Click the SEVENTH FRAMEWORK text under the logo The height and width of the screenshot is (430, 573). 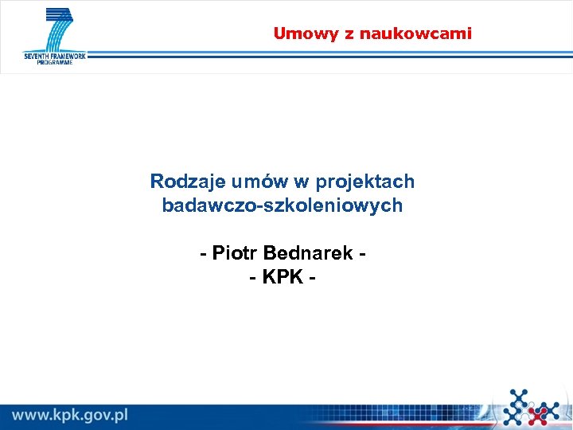point(55,57)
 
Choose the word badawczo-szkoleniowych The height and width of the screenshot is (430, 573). point(283,205)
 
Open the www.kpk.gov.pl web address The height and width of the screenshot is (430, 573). point(70,415)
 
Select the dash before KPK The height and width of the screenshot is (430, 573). point(252,278)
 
